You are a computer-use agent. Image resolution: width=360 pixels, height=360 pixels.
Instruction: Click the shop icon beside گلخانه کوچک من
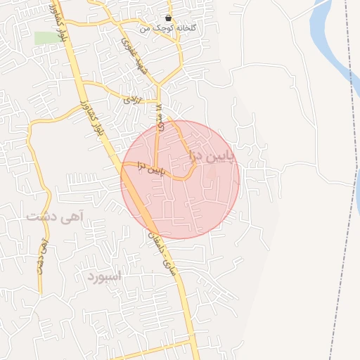click(167, 18)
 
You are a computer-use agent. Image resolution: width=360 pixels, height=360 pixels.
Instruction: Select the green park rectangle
click(48, 37)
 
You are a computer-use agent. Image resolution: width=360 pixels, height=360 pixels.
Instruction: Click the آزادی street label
click(133, 100)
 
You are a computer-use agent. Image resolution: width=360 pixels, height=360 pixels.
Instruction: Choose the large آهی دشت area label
click(55, 217)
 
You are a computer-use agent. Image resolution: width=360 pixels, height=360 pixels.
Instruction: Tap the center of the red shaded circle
click(181, 179)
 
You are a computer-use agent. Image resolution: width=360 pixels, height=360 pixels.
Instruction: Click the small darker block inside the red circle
click(212, 171)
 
